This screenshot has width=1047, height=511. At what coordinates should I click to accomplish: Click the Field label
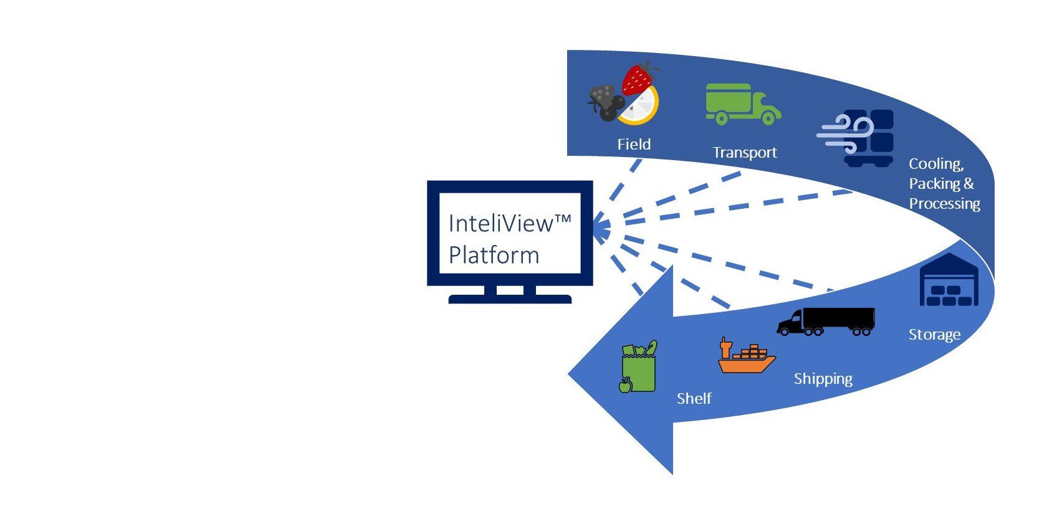tap(634, 145)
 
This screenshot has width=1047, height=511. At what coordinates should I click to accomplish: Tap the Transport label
tap(744, 153)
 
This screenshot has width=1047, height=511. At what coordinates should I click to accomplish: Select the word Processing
tap(944, 204)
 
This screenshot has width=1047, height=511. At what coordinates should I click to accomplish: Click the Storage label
tap(934, 335)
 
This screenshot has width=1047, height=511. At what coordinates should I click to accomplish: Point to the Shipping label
tap(823, 379)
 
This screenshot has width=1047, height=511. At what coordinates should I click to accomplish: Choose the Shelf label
tap(694, 398)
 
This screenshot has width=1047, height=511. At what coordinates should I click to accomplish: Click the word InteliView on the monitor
tap(500, 224)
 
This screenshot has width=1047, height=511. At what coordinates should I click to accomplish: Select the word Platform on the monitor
tap(494, 255)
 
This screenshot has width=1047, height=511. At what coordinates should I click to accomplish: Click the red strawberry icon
tap(638, 79)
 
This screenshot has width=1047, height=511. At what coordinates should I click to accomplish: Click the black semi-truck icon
tap(826, 322)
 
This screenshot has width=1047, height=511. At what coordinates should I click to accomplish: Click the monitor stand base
tap(510, 298)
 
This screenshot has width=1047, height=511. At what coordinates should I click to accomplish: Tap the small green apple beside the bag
tap(625, 386)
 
